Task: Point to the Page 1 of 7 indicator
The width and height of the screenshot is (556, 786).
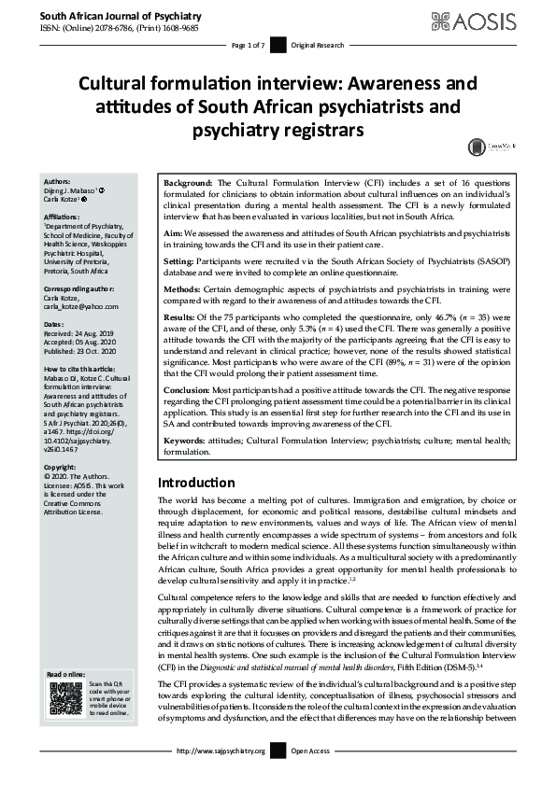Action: coord(249,46)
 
